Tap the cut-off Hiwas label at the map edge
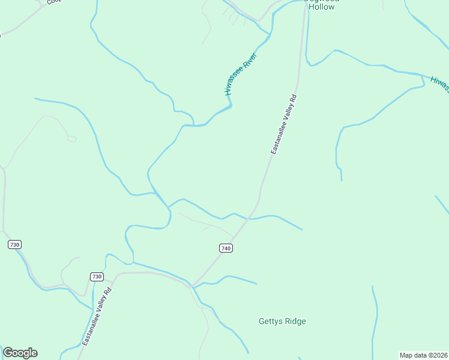(x=440, y=85)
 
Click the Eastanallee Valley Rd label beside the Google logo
(x=97, y=317)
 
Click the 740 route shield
(x=225, y=248)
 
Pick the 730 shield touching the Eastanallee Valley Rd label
(x=97, y=277)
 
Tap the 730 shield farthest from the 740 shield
(x=15, y=244)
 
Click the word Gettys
(x=271, y=322)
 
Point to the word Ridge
(x=295, y=322)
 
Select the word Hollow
(x=321, y=7)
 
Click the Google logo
(x=20, y=353)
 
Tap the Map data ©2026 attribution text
(x=424, y=355)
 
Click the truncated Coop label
(x=54, y=2)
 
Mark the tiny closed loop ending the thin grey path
(x=72, y=139)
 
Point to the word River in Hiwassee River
(x=249, y=65)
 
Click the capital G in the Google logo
(x=8, y=353)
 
